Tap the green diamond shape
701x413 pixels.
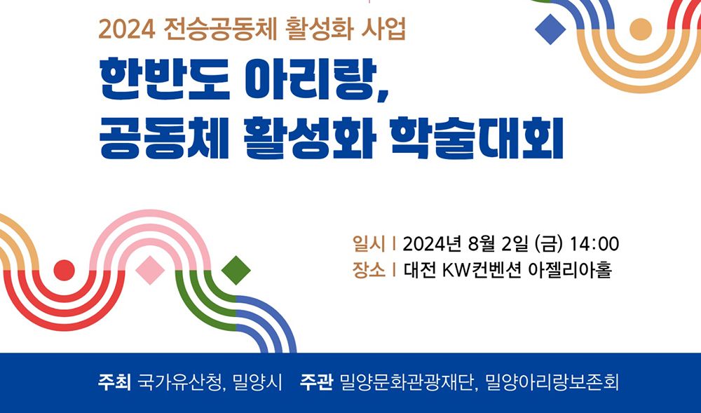point(236,270)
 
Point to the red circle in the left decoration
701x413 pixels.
point(64,270)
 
